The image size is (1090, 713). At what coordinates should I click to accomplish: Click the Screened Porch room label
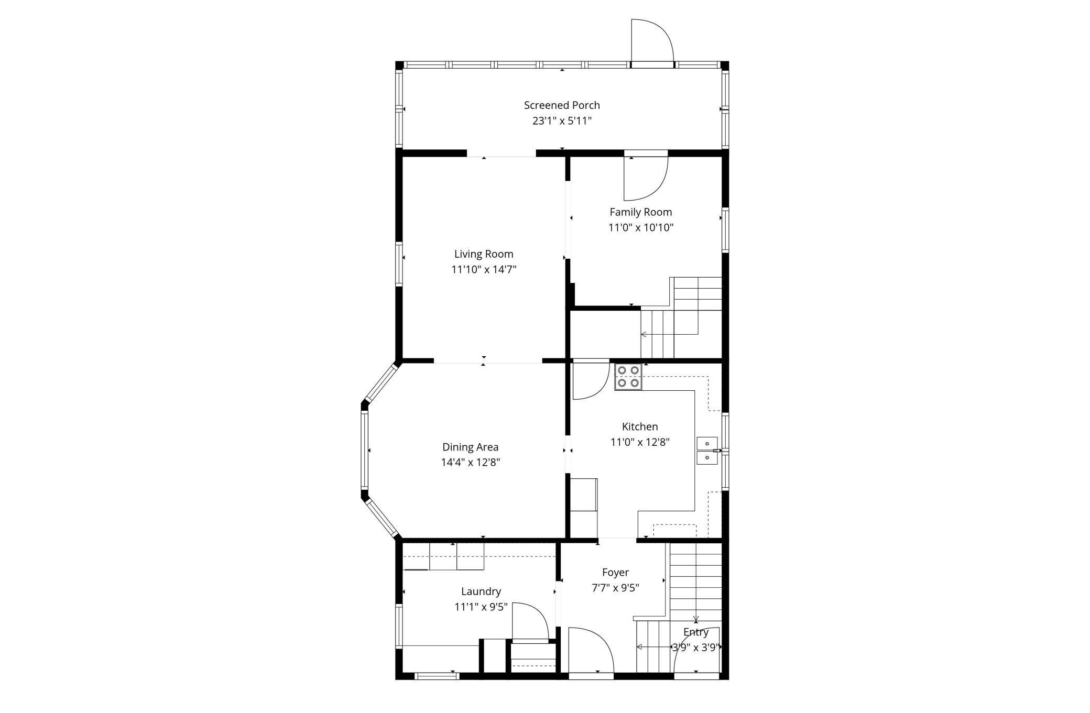point(562,105)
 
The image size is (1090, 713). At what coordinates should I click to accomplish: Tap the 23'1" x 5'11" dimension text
point(562,121)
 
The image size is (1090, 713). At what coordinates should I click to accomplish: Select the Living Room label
point(484,254)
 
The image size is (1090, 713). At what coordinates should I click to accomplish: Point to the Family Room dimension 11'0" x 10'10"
point(640,227)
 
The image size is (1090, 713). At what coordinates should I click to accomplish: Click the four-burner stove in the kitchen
point(628,377)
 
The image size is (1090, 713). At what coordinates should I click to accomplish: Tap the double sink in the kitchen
point(707,451)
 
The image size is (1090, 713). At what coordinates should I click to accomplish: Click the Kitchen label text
point(640,426)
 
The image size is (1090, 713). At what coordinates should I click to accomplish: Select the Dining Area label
point(470,447)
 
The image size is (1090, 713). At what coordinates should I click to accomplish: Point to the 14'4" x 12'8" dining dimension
point(471,463)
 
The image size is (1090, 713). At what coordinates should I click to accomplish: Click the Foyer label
point(615,573)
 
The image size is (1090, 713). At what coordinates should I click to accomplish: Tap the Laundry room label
point(481,591)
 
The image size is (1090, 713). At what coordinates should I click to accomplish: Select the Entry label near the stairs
point(696,632)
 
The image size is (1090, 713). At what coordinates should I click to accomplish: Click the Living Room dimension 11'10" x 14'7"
point(484,270)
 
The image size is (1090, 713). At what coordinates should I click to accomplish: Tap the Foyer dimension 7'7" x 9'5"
point(615,588)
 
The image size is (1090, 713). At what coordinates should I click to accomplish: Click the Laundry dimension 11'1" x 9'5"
point(481,607)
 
